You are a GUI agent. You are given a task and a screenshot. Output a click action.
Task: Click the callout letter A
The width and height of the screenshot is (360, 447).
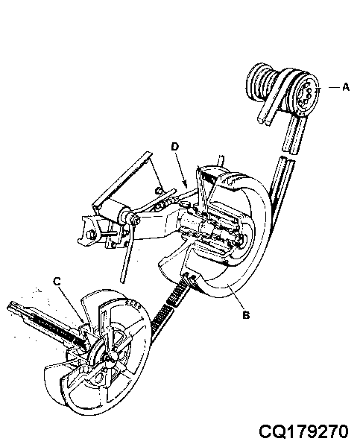point(345,86)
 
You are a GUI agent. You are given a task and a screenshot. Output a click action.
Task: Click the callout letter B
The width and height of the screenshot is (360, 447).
point(246,315)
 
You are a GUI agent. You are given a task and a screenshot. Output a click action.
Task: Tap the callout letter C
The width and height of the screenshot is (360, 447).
point(57,282)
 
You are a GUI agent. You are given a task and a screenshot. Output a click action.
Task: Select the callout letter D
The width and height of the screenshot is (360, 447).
point(174,147)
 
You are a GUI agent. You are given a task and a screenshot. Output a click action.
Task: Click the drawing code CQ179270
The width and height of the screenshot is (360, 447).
point(303,431)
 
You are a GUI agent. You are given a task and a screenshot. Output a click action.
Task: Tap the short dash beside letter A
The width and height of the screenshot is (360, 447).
point(334,87)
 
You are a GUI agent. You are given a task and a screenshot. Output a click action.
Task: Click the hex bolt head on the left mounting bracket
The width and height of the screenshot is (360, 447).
point(91,235)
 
